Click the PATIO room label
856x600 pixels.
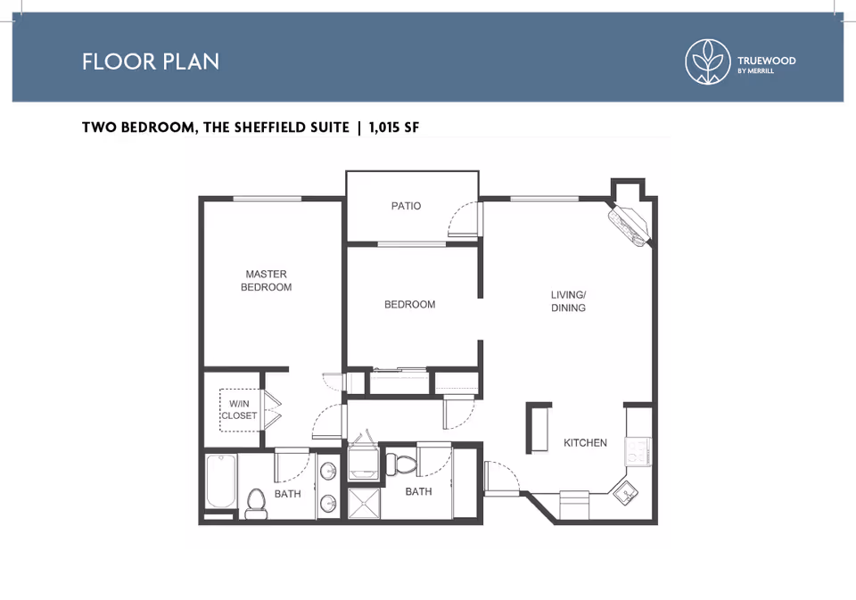407,206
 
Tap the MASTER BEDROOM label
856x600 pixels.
267,281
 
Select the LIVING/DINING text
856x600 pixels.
568,301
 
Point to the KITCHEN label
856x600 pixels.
585,443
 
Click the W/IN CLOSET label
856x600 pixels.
239,410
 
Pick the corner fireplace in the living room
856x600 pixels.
630,225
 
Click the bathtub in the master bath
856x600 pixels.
221,481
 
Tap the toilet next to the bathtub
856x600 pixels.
256,504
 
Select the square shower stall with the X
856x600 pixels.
364,504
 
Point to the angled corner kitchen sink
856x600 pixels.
626,494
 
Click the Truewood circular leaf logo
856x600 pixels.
708,62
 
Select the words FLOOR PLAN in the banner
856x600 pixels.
151,62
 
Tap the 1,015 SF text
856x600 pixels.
394,127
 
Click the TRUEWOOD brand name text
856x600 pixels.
767,61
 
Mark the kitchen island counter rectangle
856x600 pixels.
539,429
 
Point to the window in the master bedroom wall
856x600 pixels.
267,198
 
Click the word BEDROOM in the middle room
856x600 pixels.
410,305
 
